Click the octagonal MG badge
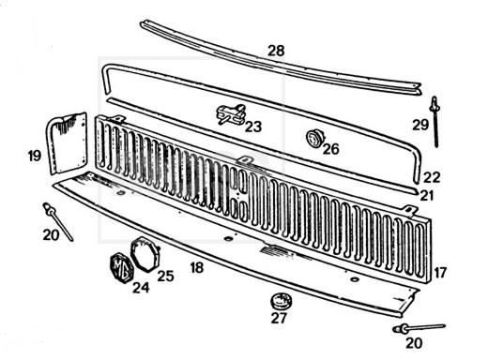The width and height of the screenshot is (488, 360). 122,268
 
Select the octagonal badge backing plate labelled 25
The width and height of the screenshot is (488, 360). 145,255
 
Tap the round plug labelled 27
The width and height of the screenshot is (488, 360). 281,301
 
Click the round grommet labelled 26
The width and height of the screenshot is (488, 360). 315,139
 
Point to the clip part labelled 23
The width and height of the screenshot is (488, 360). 232,113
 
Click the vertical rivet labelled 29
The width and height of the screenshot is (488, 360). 435,121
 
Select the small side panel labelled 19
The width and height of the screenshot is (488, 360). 68,142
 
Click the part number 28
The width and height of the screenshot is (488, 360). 276,51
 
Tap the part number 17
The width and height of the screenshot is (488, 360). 440,273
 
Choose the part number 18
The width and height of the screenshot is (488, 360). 197,268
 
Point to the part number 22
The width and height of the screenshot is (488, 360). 432,178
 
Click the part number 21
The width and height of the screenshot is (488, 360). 427,196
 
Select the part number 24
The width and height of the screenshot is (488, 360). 141,288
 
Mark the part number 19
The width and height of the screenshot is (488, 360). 35,156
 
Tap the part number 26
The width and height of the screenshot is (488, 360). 331,149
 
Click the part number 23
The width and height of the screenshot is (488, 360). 253,127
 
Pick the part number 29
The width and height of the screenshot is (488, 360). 420,125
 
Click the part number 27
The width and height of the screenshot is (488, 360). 279,319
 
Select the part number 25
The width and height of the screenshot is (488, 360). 165,277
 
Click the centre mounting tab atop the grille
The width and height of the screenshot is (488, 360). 245,160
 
